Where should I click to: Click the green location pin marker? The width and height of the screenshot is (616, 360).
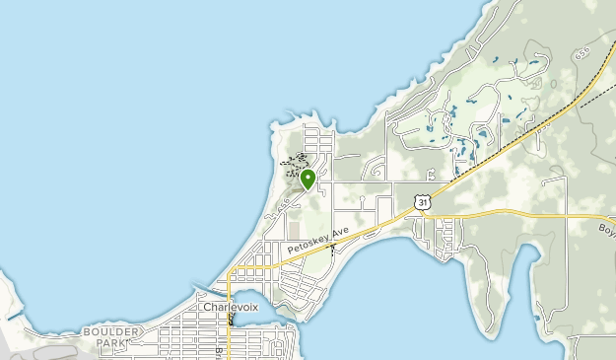[308, 179]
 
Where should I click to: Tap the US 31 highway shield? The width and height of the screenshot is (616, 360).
[422, 201]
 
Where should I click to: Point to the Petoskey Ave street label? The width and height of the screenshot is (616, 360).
[318, 239]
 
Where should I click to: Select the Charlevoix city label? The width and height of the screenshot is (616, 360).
[231, 307]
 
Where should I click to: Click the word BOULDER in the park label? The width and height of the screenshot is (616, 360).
[112, 331]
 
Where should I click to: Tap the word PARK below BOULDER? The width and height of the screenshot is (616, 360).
[110, 343]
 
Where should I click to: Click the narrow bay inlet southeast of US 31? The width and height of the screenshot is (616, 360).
[522, 286]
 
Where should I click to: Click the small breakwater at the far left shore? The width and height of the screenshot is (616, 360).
[13, 317]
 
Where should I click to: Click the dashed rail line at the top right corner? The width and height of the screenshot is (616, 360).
[596, 94]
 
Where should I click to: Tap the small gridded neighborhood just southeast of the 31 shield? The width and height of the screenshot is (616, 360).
[447, 237]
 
